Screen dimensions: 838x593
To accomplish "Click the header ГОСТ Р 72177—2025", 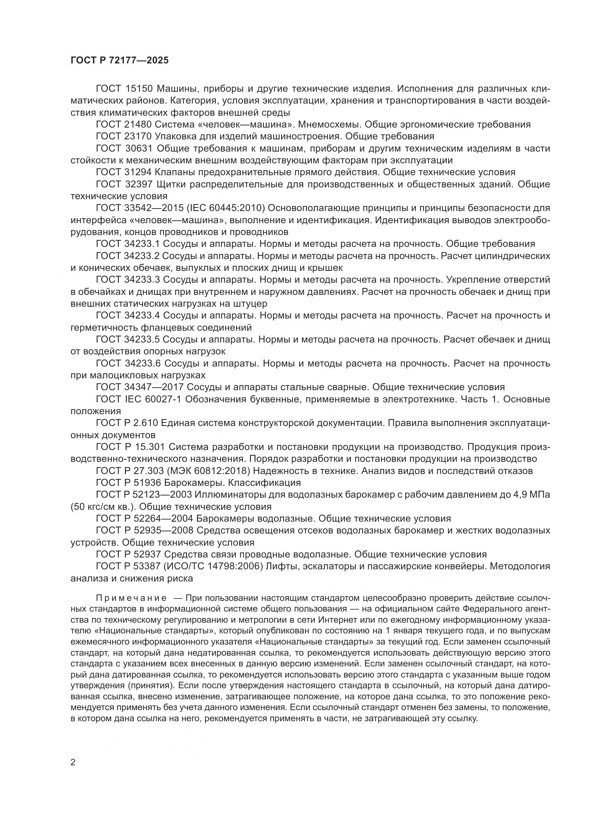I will tap(119, 60).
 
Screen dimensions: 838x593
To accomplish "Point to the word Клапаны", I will tap(178, 172).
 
